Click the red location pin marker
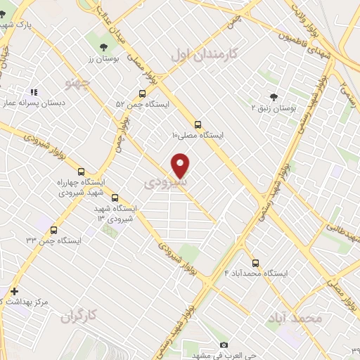click(x=181, y=165)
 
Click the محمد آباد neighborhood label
click(x=294, y=318)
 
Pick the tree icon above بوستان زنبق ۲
click(x=274, y=97)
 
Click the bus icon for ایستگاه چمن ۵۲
click(x=143, y=94)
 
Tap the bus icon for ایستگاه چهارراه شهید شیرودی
click(x=81, y=172)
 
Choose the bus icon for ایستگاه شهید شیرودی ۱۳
click(x=115, y=198)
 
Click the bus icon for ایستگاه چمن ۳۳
click(x=54, y=229)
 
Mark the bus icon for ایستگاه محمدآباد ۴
click(x=255, y=262)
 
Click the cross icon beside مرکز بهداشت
click(x=13, y=291)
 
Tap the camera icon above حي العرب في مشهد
click(x=224, y=345)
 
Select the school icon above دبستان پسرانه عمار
click(x=33, y=92)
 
